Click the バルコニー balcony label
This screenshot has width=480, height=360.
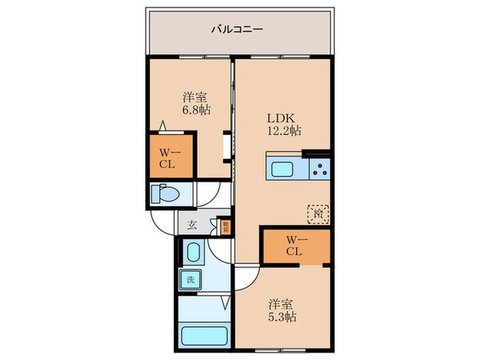point(237,29)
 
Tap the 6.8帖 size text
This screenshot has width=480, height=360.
point(195,110)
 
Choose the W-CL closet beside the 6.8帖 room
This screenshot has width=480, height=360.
point(168,158)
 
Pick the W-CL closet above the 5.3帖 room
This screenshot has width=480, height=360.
point(295,245)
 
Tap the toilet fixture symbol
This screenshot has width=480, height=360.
point(165,194)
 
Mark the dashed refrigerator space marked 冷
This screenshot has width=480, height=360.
point(317,214)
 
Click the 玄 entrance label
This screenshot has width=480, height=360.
point(193,224)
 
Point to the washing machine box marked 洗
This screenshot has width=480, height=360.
point(187,279)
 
